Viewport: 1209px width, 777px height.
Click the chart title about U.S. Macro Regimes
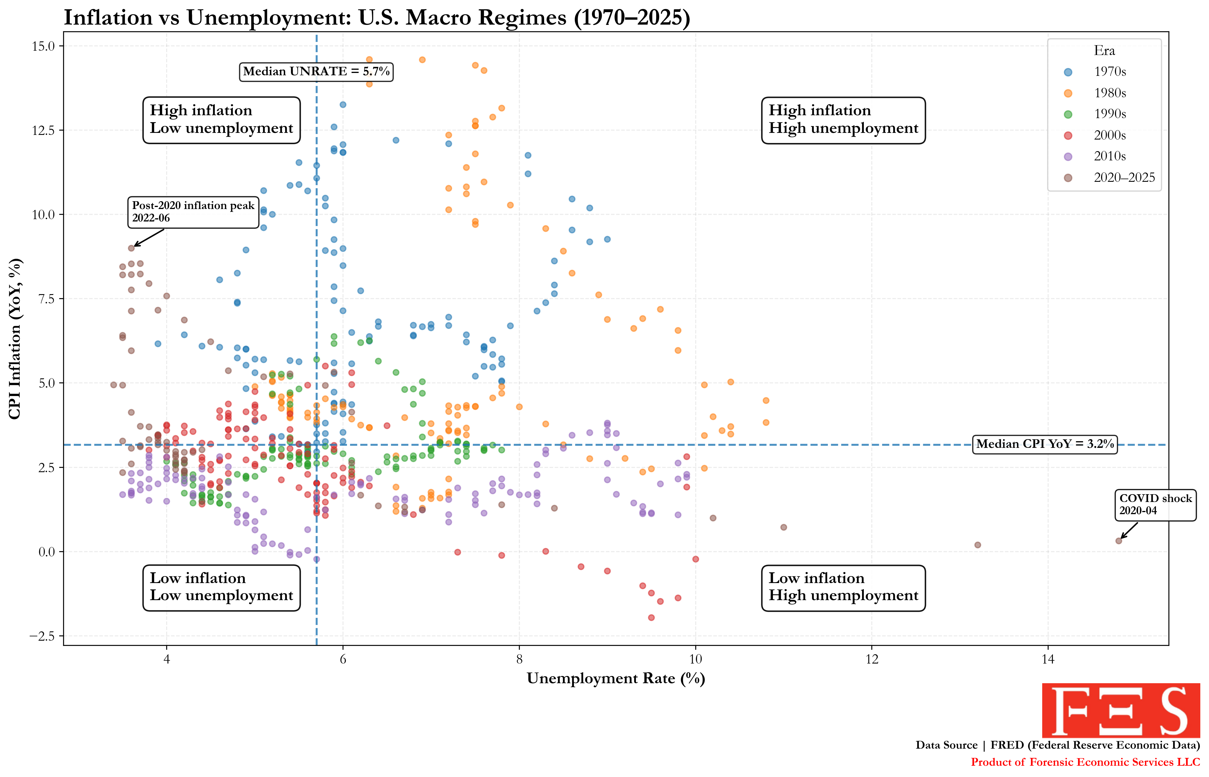pyautogui.click(x=376, y=18)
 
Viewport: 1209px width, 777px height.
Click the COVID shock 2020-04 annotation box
pyautogui.click(x=1155, y=505)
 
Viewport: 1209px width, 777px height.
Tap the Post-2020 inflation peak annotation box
pyautogui.click(x=193, y=212)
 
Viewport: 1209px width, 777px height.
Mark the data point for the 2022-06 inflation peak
pyautogui.click(x=131, y=248)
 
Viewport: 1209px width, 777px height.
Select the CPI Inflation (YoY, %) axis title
pyautogui.click(x=15, y=338)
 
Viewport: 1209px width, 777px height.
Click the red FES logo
pyautogui.click(x=1121, y=710)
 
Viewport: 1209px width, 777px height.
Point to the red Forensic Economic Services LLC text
pyautogui.click(x=1085, y=762)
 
